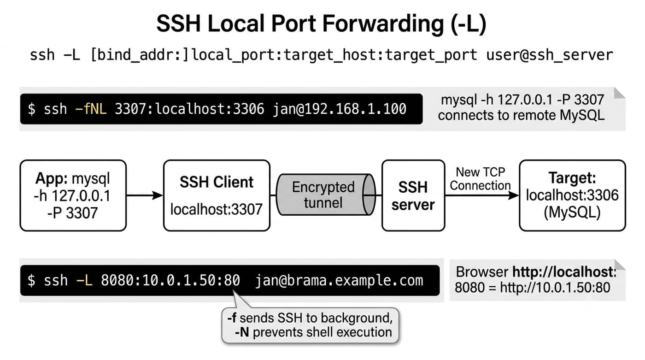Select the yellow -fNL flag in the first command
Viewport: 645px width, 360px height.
click(x=91, y=109)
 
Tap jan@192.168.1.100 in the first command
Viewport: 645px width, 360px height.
click(x=340, y=109)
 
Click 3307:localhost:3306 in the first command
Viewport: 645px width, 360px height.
click(x=189, y=109)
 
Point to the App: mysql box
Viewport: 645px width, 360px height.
click(x=73, y=195)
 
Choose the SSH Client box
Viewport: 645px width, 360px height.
click(x=217, y=195)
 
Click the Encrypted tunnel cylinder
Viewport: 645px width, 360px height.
click(x=326, y=195)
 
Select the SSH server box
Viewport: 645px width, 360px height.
click(x=413, y=195)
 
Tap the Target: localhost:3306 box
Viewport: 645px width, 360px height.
click(x=572, y=195)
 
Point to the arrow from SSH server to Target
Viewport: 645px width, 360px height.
click(x=482, y=195)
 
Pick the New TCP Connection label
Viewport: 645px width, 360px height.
click(x=480, y=179)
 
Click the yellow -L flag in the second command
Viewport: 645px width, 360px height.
click(x=84, y=280)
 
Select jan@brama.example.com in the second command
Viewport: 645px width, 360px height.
click(x=339, y=281)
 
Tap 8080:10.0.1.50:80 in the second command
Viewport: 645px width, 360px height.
click(x=170, y=280)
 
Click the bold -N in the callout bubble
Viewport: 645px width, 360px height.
click(x=242, y=332)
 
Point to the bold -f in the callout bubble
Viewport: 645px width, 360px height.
click(x=232, y=318)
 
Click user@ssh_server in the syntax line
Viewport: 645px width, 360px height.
click(x=550, y=55)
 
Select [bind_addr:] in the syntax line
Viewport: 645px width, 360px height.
click(x=139, y=55)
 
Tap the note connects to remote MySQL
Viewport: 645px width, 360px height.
click(x=521, y=116)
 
